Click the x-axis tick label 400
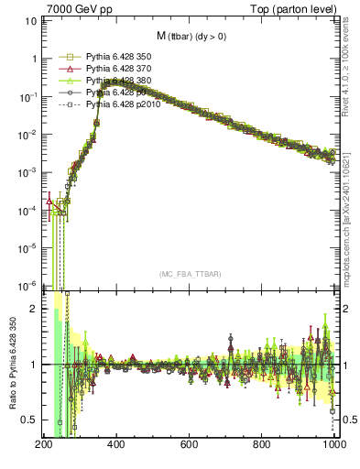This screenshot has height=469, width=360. [116, 446]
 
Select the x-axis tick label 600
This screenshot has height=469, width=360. [190, 446]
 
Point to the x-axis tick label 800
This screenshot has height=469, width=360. [263, 446]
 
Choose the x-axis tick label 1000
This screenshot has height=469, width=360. [333, 446]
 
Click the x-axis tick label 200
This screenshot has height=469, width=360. [44, 446]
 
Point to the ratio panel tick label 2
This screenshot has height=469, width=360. [33, 310]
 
